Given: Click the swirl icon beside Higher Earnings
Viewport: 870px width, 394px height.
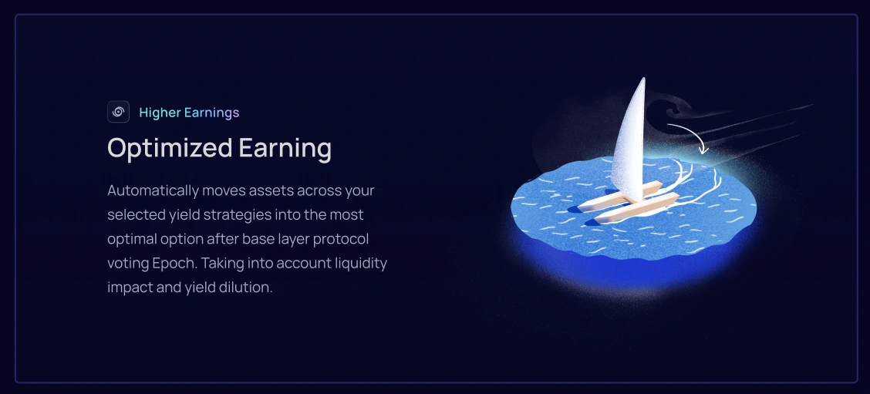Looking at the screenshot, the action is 118,112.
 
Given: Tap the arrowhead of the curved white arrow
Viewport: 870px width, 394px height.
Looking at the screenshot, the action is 703,149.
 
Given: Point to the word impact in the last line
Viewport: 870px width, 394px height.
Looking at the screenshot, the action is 126,288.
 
